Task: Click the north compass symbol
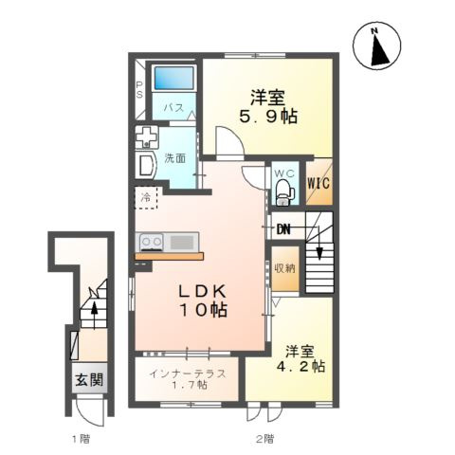[x=376, y=45]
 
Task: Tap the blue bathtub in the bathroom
[x=173, y=78]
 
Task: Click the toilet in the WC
[x=283, y=192]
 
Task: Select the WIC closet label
[x=318, y=183]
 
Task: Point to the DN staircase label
[x=283, y=229]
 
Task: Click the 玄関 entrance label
[x=89, y=379]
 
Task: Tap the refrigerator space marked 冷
[x=146, y=198]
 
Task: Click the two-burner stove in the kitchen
[x=152, y=243]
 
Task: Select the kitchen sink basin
[x=182, y=243]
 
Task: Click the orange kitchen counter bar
[x=170, y=256]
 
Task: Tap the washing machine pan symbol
[x=146, y=137]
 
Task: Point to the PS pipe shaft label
[x=139, y=90]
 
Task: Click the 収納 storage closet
[x=285, y=268]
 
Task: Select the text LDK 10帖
[x=203, y=300]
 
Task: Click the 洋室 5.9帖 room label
[x=268, y=106]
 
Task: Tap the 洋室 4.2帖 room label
[x=300, y=359]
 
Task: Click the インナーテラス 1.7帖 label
[x=188, y=379]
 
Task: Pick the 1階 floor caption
[x=82, y=439]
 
